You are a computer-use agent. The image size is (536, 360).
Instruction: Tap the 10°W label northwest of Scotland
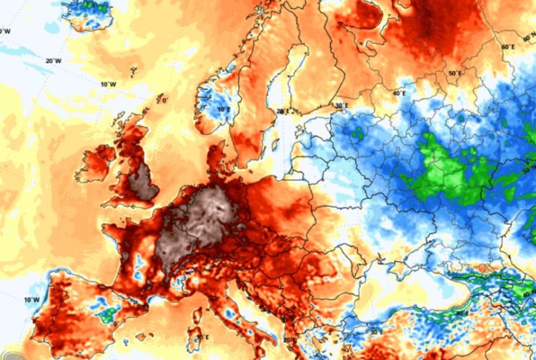[108, 84]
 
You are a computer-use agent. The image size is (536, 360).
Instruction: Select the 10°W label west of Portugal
[31, 299]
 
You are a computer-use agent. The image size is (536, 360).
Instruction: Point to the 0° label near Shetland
[164, 101]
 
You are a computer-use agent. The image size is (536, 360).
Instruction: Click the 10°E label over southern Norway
[224, 109]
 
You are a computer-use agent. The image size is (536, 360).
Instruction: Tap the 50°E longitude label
[453, 73]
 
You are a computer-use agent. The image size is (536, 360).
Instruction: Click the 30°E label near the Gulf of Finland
[342, 106]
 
